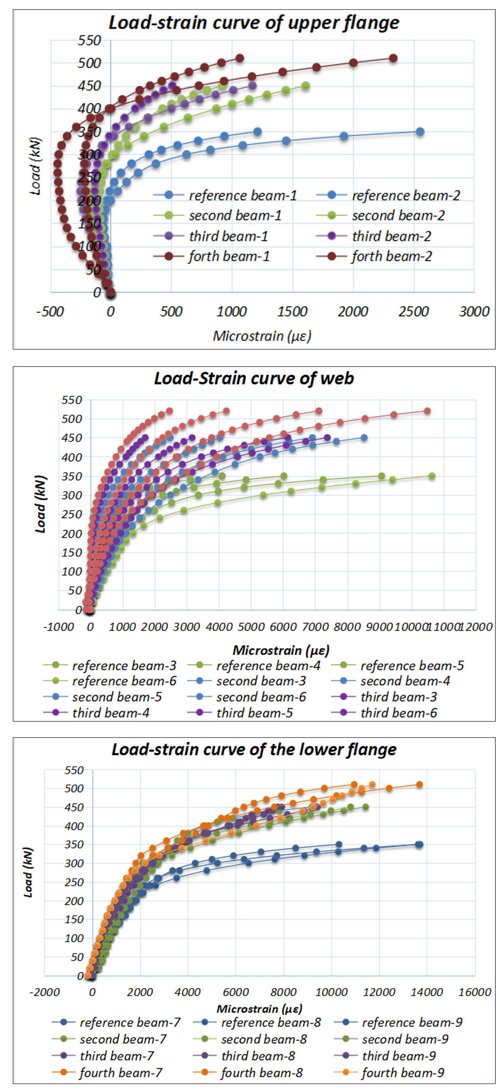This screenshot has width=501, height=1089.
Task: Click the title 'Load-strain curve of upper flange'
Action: (x=254, y=22)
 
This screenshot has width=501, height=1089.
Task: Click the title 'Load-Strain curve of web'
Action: (x=254, y=378)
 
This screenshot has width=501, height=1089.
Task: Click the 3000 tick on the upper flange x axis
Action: (x=474, y=312)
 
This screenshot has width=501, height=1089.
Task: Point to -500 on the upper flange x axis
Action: (x=50, y=312)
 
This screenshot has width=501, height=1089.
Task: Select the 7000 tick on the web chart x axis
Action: (x=315, y=627)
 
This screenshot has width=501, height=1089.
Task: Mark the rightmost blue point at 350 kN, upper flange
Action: (x=419, y=132)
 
